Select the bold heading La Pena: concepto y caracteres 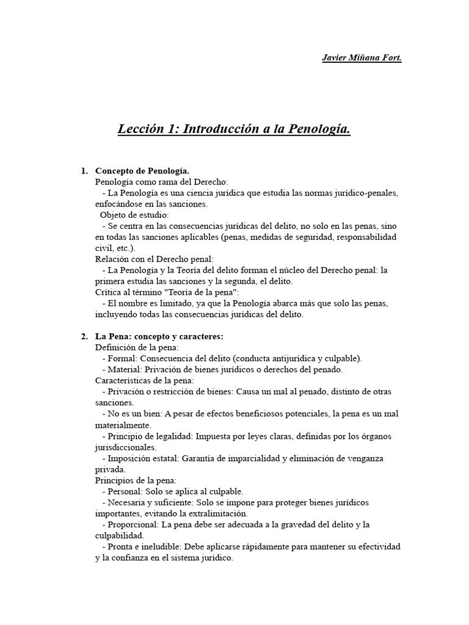[159, 336]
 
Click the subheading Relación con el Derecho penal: [155, 259]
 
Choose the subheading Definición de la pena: [136, 347]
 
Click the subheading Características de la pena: [144, 381]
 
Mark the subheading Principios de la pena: [136, 480]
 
